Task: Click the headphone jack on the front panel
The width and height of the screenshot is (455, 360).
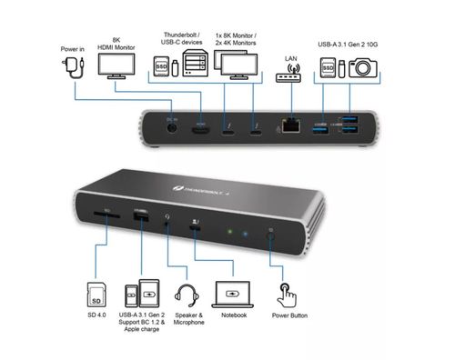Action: coord(167,219)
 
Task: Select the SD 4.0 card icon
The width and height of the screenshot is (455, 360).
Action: coord(96,295)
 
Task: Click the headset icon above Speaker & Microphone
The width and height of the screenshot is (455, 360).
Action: coord(188,295)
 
